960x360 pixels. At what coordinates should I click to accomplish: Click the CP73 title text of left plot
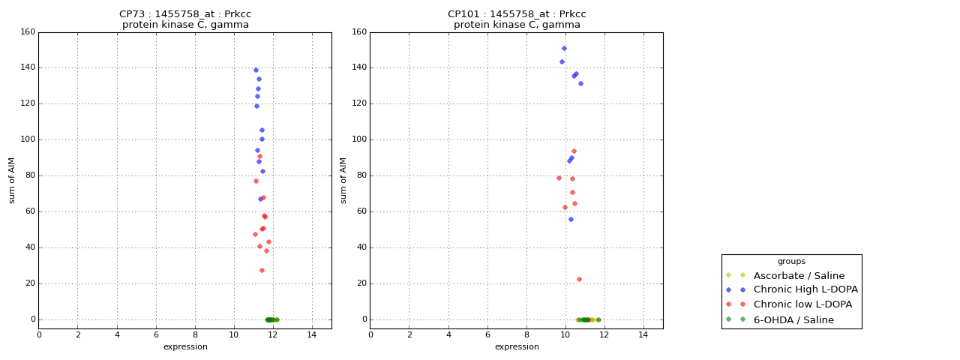(x=185, y=14)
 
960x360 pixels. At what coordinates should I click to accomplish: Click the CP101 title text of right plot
(x=517, y=14)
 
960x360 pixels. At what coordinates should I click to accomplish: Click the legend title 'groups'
(x=791, y=262)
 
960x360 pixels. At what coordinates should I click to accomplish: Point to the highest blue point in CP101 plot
(x=564, y=48)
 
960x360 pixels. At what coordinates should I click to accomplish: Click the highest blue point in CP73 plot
(x=256, y=70)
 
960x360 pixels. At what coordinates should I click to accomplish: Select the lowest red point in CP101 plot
(x=579, y=279)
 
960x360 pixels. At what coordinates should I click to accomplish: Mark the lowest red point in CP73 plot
(x=262, y=270)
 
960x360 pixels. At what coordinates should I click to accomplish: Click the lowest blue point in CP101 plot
(x=571, y=219)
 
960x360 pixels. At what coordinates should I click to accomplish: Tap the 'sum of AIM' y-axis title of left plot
(x=12, y=180)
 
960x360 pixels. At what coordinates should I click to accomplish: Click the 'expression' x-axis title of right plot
(x=517, y=346)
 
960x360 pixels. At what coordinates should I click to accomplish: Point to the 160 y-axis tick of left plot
(x=28, y=32)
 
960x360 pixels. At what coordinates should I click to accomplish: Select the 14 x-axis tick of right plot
(x=643, y=334)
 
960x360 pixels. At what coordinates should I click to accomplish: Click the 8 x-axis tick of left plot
(x=195, y=334)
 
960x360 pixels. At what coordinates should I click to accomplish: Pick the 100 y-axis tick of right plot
(x=359, y=139)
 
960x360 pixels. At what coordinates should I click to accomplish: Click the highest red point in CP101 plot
(x=574, y=151)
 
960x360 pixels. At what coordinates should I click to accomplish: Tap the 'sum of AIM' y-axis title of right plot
(x=343, y=180)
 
